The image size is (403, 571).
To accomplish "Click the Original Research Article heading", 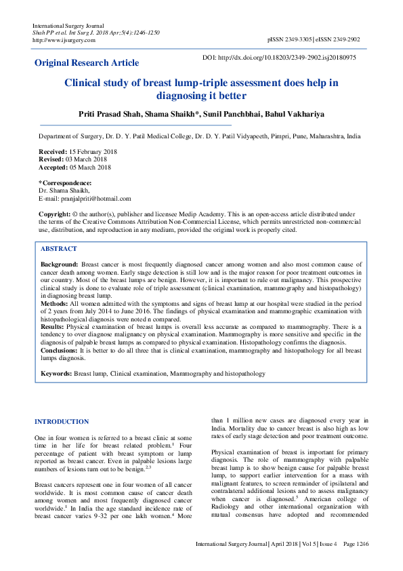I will (x=87, y=63).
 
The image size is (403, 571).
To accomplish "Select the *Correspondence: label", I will (x=65, y=183).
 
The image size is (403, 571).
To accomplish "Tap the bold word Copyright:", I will (x=54, y=214).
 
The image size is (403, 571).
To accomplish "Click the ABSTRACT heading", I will (x=59, y=249).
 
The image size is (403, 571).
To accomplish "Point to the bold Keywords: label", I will (x=56, y=374).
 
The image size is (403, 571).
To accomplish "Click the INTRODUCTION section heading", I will (x=62, y=422).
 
